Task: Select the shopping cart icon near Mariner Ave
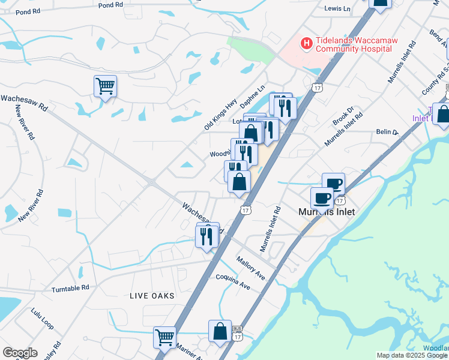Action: [164, 337]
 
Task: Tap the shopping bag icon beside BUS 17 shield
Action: [220, 331]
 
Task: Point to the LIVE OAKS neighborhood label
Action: [152, 296]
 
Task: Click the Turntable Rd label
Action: [70, 288]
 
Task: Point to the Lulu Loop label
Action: [43, 320]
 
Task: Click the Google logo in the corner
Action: [20, 353]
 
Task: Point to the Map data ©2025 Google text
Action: [412, 355]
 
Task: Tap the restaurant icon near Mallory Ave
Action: [207, 236]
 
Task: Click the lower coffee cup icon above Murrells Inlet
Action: [322, 197]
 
